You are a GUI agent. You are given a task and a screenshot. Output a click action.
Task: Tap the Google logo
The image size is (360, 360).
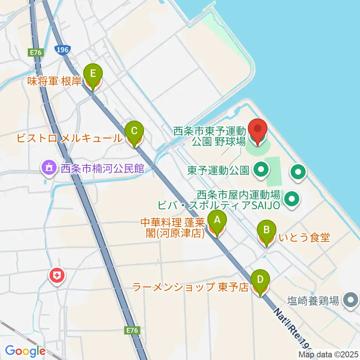coord(25,351)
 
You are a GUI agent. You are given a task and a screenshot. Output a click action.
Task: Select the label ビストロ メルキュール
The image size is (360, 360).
coord(69,138)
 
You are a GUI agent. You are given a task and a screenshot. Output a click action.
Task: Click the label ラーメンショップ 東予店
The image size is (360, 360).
coord(191,288)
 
